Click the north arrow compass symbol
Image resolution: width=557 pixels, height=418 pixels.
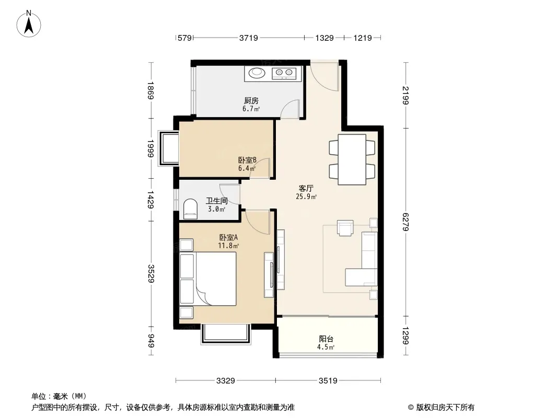click(x=29, y=24)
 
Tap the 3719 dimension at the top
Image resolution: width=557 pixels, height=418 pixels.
click(x=248, y=38)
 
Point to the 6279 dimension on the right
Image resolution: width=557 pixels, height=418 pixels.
click(x=406, y=222)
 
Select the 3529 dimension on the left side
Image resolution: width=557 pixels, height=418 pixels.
click(x=152, y=273)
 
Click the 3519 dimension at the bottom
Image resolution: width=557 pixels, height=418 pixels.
click(x=328, y=381)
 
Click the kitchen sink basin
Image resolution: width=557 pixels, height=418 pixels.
click(x=257, y=73)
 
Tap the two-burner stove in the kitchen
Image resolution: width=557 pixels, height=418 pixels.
click(x=284, y=73)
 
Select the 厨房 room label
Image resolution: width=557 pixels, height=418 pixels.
click(x=251, y=101)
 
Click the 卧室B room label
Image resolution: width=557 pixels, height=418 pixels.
click(x=247, y=160)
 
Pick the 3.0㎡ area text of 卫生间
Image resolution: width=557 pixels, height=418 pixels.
click(x=217, y=209)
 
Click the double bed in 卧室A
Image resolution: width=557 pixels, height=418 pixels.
click(x=208, y=279)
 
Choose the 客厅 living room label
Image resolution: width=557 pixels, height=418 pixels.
click(x=306, y=188)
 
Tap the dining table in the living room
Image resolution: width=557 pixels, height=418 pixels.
click(x=352, y=159)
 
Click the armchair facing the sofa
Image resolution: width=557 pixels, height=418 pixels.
click(x=345, y=228)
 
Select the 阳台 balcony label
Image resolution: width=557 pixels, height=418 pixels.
click(x=326, y=339)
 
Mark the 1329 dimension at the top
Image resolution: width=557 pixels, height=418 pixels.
click(x=324, y=38)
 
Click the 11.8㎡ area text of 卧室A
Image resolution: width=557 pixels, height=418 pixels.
click(x=228, y=246)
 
